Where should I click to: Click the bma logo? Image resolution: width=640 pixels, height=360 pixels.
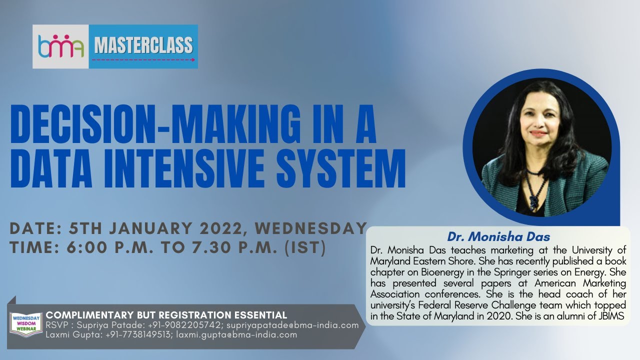pos(60,46)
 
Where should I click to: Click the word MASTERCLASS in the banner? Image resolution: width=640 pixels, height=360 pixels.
pos(143,45)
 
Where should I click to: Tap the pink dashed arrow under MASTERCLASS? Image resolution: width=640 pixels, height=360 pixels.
pos(143,59)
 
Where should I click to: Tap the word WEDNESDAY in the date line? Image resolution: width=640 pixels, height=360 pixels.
pos(311,228)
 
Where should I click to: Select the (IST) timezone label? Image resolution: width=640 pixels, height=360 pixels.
pos(305,247)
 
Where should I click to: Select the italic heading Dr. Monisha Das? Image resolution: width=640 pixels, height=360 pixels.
pos(498,236)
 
